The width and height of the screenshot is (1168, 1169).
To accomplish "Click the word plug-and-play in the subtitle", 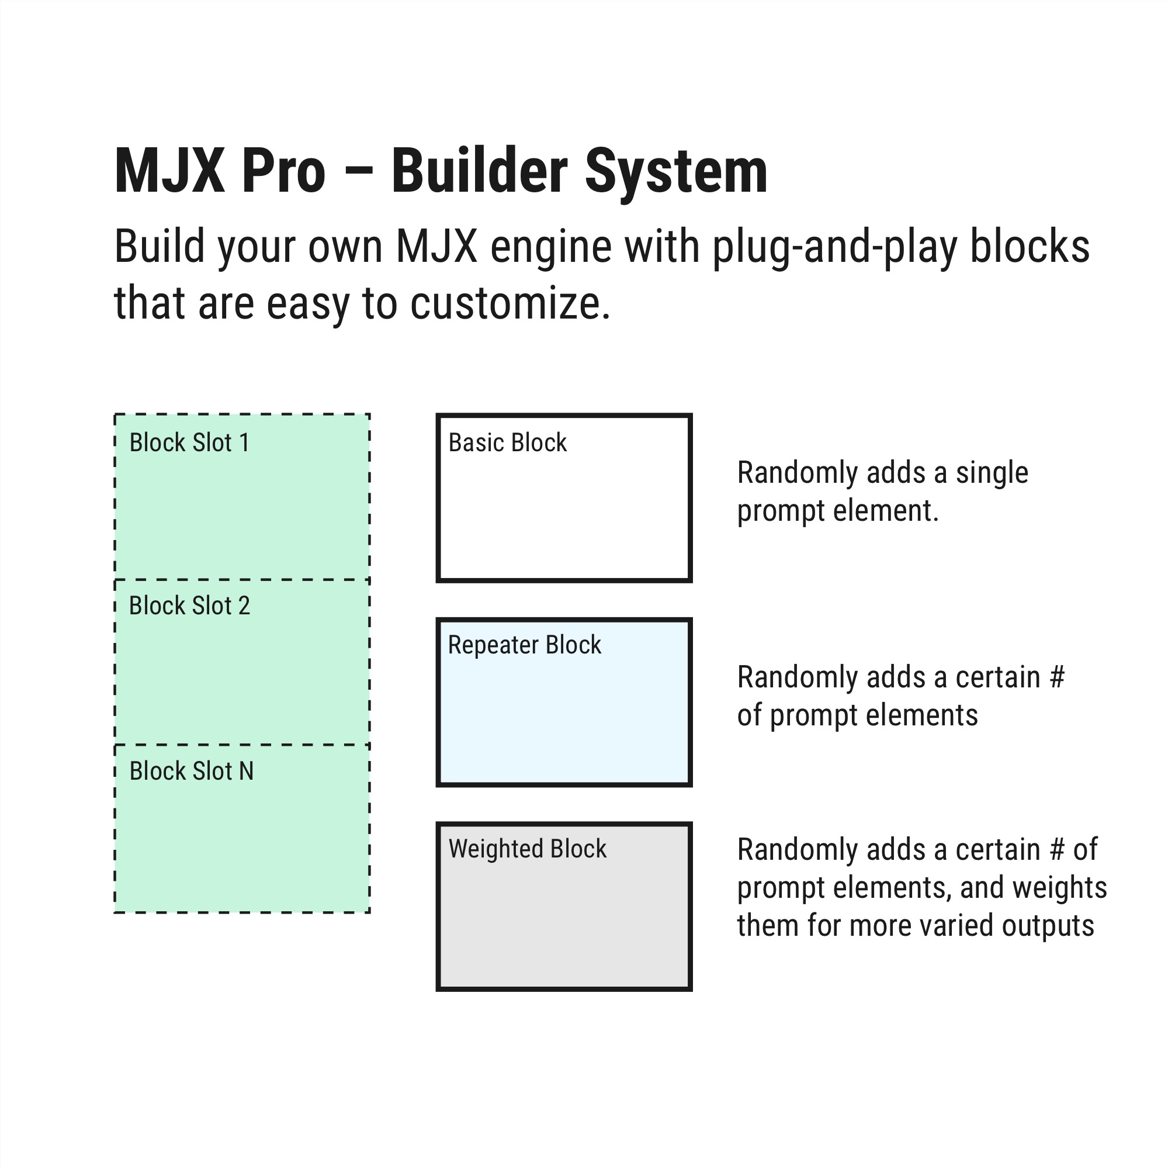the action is tap(835, 247).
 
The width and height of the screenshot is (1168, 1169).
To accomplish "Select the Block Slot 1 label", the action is tap(189, 442).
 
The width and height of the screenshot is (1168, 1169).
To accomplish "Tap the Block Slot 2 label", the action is tap(189, 606).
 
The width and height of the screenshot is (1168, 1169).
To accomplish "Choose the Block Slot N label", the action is tap(191, 771).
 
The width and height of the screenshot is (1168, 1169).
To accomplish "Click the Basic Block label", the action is tap(508, 442).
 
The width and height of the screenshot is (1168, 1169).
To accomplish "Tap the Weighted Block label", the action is tap(527, 849).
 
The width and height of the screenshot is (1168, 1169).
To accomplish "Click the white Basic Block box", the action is tap(564, 498).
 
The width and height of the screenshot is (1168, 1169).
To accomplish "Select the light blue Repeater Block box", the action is tap(564, 702).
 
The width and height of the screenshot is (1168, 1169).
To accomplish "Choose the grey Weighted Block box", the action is tap(564, 907).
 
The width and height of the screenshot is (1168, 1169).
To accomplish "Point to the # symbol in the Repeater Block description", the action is tap(1057, 677).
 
